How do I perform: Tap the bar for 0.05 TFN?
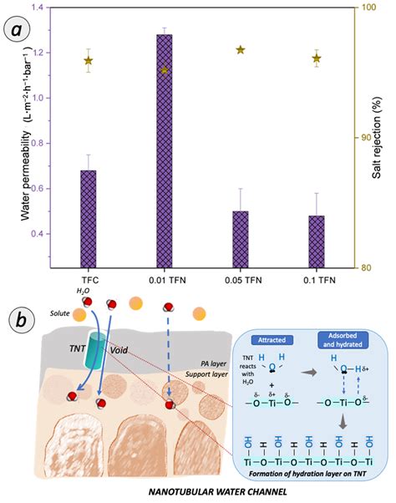(240, 239)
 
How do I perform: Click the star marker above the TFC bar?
(88, 60)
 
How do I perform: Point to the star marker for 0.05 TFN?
(241, 50)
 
